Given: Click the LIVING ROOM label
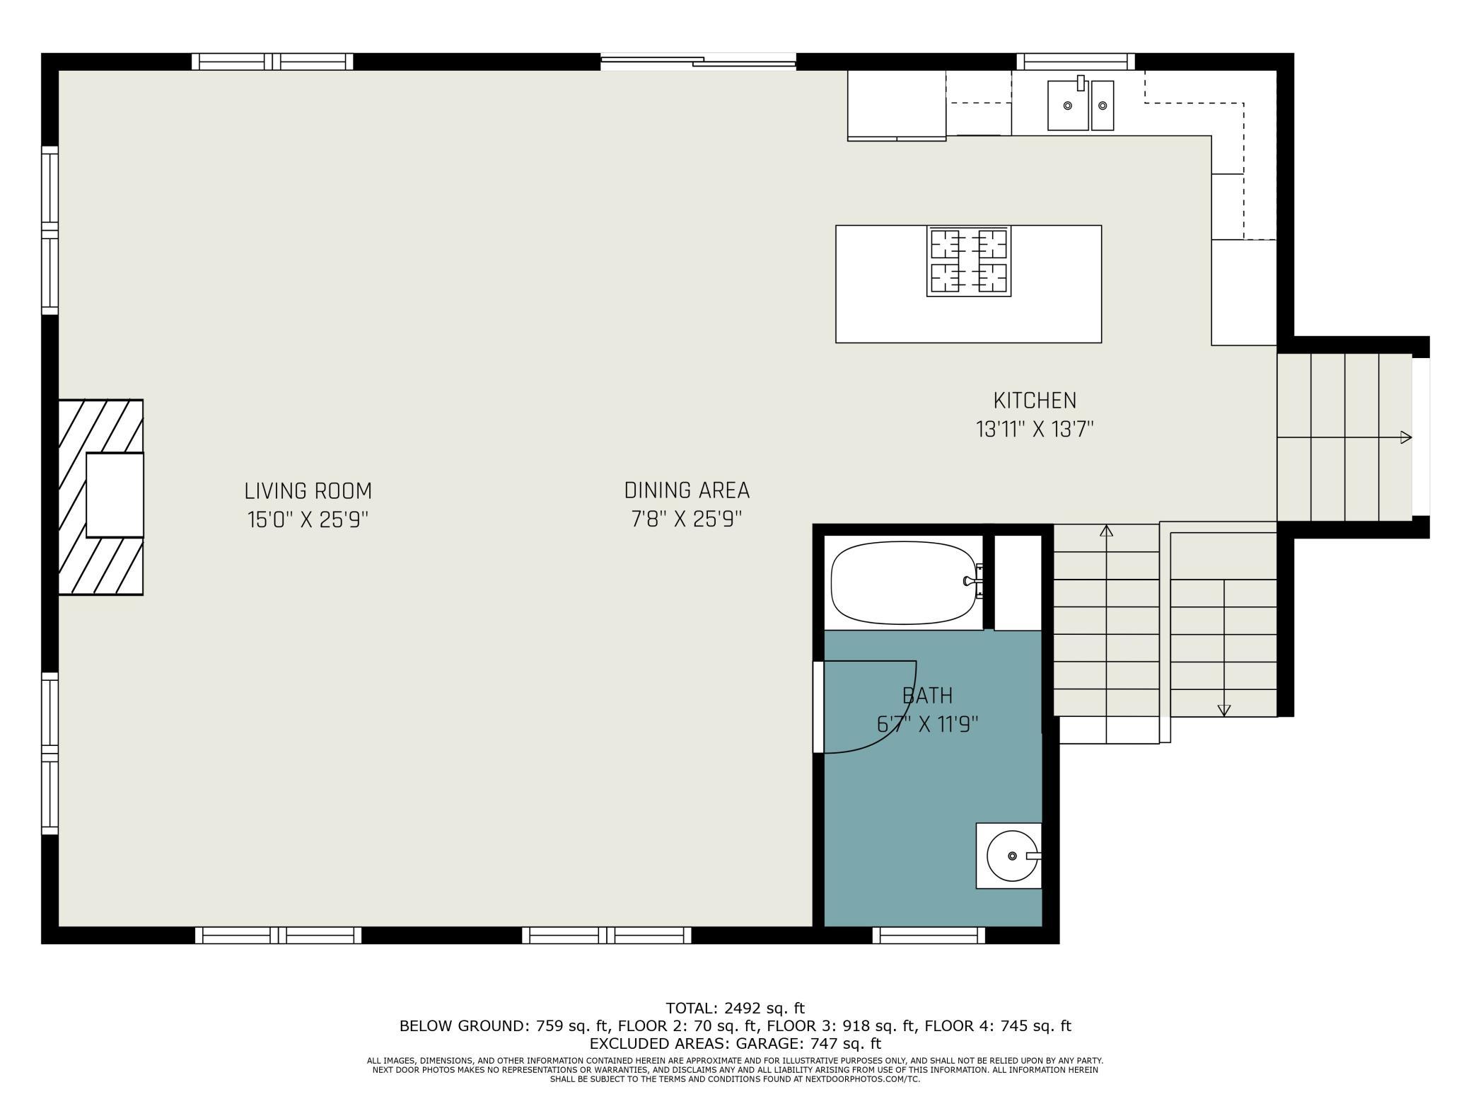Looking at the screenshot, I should pyautogui.click(x=308, y=490).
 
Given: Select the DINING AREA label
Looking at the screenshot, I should pyautogui.click(x=686, y=490).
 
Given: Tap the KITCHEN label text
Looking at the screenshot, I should pyautogui.click(x=1034, y=401).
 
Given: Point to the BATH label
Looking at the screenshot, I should pyautogui.click(x=927, y=696).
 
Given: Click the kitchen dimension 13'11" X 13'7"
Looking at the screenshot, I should pyautogui.click(x=1034, y=430).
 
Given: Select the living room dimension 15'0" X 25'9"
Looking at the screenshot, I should pyautogui.click(x=308, y=520).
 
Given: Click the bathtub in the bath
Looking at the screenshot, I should pyautogui.click(x=903, y=582).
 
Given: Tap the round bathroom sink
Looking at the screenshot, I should pyautogui.click(x=1011, y=856).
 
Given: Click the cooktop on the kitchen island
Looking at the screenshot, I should pyautogui.click(x=968, y=261).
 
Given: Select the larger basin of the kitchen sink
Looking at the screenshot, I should pyautogui.click(x=1067, y=106).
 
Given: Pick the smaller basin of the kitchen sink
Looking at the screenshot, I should pyautogui.click(x=1102, y=106).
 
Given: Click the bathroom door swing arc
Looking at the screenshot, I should pyautogui.click(x=895, y=725).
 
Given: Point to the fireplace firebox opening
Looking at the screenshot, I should pyautogui.click(x=115, y=495).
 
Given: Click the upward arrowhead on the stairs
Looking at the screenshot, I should pyautogui.click(x=1106, y=530).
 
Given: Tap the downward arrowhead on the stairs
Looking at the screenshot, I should pyautogui.click(x=1223, y=710).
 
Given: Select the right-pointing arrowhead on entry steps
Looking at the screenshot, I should pyautogui.click(x=1406, y=437).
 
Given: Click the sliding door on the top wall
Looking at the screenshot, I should pyautogui.click(x=698, y=62).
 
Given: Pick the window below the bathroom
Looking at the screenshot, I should pyautogui.click(x=928, y=936).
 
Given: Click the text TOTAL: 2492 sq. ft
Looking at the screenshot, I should pyautogui.click(x=735, y=1008).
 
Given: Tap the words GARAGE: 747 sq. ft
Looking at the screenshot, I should pyautogui.click(x=808, y=1043).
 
